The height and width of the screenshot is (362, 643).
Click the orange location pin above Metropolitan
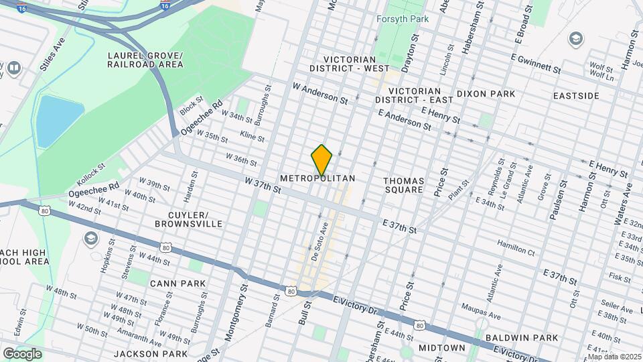coord(321,160)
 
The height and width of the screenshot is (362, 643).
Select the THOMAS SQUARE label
coord(403,185)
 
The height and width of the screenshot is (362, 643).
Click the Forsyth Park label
coord(402,19)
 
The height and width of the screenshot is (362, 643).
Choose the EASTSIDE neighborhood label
coord(576,96)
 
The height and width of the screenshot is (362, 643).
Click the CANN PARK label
coord(177,284)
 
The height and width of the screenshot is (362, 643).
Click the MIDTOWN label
coord(441,348)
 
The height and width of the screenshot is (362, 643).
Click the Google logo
coord(22,353)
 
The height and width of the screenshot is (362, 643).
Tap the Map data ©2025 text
coord(614,356)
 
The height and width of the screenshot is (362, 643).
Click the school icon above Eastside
coord(575,40)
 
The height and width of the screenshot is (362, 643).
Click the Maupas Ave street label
coord(481,311)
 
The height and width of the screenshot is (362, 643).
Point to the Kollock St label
coord(91,175)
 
